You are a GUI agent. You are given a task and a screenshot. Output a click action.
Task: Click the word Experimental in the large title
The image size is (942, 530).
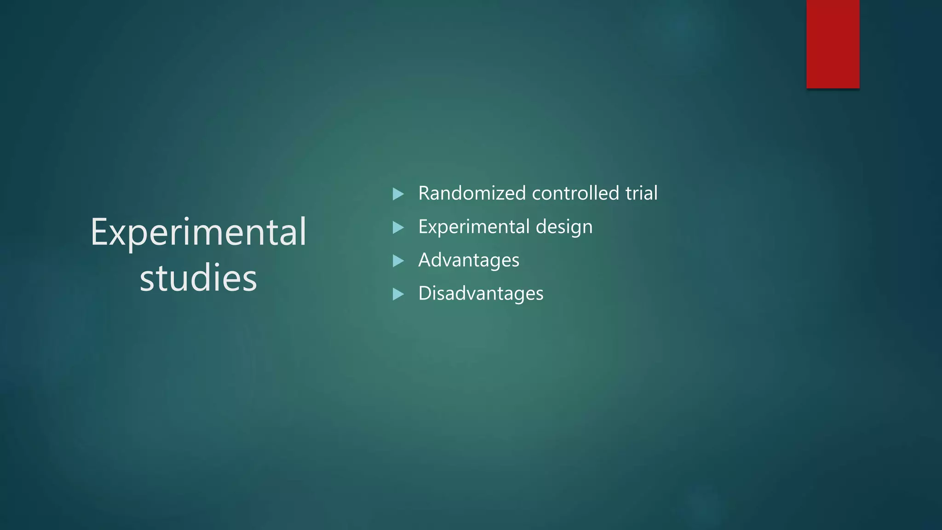coord(198,232)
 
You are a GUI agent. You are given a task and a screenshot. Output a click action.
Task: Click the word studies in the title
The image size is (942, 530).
coord(198,278)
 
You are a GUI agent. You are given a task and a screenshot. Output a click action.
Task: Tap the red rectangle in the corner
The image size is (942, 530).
coord(833,44)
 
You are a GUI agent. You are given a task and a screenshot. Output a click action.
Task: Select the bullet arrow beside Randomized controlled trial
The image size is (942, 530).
coord(398,194)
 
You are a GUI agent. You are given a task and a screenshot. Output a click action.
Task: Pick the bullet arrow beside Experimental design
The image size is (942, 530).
coord(398,227)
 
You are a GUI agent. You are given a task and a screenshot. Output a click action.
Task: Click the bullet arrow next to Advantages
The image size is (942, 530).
coord(398,261)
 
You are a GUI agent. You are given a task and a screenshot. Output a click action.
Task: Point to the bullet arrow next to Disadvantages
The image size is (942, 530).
coord(398,294)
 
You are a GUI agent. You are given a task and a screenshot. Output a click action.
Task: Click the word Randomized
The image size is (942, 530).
coord(472,193)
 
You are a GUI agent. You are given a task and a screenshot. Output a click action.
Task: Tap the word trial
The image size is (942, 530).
coord(641,193)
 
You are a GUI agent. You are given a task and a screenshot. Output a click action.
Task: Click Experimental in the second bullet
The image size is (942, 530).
coord(474,227)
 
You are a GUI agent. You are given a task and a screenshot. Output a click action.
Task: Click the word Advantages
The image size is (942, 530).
coord(469,260)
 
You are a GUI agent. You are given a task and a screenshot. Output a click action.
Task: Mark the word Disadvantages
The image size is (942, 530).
coord(481,294)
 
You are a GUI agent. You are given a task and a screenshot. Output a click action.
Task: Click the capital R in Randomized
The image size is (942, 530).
coord(424,194)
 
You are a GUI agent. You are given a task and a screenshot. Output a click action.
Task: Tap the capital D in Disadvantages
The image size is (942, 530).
coord(425,294)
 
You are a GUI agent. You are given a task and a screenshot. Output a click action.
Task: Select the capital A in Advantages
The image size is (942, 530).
coord(425,260)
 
